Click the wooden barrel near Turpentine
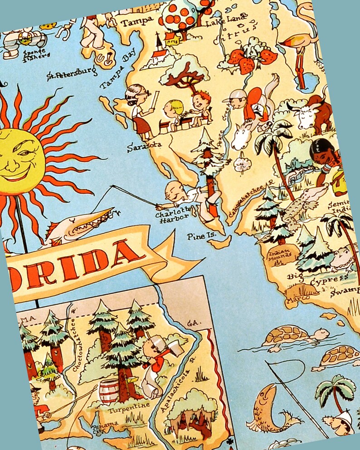pyautogui.click(x=108, y=391)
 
